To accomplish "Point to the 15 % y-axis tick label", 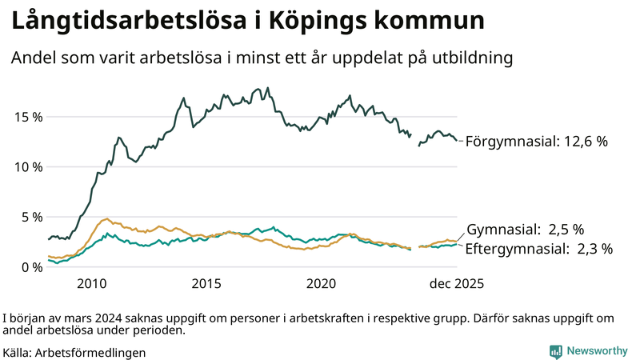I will pos(27,117).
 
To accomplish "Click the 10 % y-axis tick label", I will pos(27,166).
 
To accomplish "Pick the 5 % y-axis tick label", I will pos(31,217).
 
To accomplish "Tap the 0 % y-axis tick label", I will pos(31,267).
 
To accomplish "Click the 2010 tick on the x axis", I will pos(91,283).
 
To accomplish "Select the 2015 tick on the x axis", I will pos(206,283).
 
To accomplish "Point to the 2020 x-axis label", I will pos(321,283).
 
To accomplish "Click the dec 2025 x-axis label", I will pos(455,283).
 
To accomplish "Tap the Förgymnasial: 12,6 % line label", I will pos(537,142).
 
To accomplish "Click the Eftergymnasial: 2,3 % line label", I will pos(538,249).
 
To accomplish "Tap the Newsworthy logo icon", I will pos(555,351).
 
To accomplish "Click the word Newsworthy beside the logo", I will pos(597,351).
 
